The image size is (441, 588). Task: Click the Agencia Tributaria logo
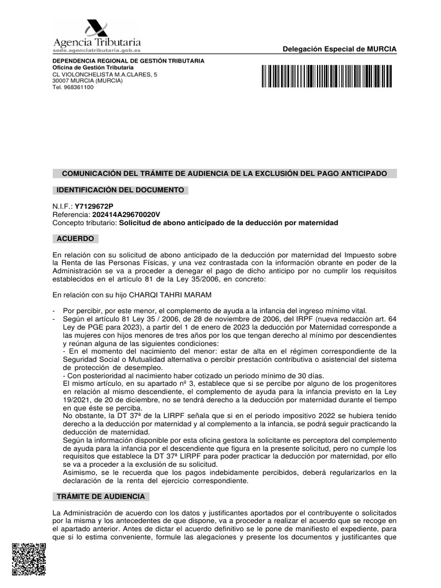pos(96,35)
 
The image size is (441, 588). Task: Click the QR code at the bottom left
pos(29,560)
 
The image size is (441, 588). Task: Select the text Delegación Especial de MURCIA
pos(339,49)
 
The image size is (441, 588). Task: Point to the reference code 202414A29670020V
pos(122,214)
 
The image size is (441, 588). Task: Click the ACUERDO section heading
pos(75,238)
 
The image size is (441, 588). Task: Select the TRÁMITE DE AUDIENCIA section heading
pos(100,496)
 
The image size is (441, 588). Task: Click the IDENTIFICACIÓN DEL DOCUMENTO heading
pos(120,189)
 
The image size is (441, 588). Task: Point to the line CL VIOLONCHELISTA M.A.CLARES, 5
pos(105,74)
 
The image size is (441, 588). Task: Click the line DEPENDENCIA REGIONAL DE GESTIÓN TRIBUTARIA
pos(128,61)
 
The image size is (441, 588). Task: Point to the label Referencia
pos(67,214)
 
